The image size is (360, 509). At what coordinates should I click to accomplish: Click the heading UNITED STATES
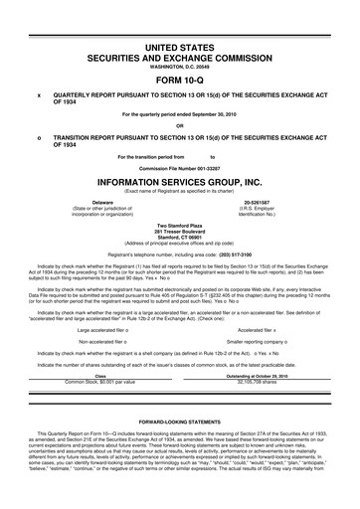[180, 47]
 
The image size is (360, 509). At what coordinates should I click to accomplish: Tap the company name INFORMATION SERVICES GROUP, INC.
[180, 184]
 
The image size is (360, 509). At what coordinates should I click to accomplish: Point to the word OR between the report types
[180, 125]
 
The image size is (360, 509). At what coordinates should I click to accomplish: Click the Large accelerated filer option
[101, 329]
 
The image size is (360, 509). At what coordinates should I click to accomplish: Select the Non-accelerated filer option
[101, 341]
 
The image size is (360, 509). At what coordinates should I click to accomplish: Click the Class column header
[99, 375]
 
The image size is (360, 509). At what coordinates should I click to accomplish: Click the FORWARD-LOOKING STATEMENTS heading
[180, 421]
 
